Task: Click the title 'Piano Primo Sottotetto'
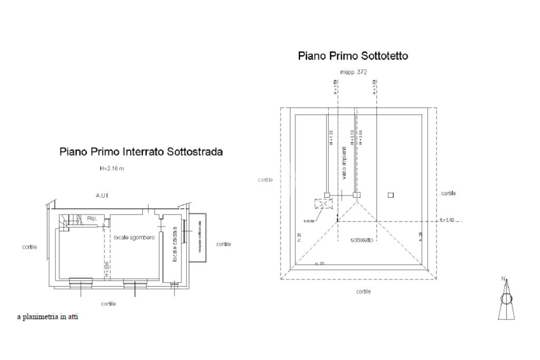[353, 56]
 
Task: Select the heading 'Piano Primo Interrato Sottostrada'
[141, 152]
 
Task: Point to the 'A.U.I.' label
[102, 196]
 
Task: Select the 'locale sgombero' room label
[134, 238]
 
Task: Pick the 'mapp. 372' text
[354, 72]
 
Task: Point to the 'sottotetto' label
[362, 240]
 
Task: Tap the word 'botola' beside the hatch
[309, 221]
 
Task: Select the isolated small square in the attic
[390, 195]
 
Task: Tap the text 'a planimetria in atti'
[48, 317]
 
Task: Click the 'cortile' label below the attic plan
[363, 291]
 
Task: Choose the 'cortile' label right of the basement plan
[224, 245]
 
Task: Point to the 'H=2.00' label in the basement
[106, 269]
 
